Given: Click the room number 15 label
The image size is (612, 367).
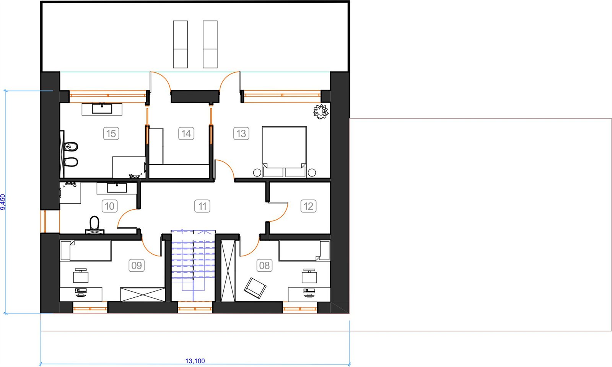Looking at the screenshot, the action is click(x=111, y=134).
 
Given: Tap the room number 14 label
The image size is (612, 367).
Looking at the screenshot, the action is click(x=186, y=134).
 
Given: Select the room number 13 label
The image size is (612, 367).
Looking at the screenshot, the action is click(x=241, y=134).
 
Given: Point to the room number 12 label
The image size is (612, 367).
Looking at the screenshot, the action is click(x=308, y=206).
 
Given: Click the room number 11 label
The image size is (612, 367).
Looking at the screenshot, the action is click(x=202, y=206).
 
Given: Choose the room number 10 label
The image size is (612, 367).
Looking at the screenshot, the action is click(x=109, y=206).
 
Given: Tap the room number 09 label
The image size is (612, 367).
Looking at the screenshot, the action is click(x=137, y=265).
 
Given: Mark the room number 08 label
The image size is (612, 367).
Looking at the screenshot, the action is click(x=264, y=265).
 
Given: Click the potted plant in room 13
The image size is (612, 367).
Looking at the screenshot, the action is click(x=321, y=111).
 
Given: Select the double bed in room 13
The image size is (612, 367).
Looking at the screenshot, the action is click(x=284, y=152).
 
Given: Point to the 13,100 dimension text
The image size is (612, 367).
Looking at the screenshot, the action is click(x=195, y=361).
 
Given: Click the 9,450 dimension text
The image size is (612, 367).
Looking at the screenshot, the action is click(x=3, y=202).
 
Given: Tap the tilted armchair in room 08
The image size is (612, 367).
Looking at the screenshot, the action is click(x=255, y=288).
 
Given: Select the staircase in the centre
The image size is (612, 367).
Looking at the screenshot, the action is click(x=193, y=266).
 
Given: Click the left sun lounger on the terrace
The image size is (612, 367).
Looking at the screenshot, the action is click(x=180, y=44).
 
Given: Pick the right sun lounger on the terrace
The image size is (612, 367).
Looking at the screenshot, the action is click(x=210, y=44).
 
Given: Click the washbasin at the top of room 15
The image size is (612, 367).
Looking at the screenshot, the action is click(x=102, y=109).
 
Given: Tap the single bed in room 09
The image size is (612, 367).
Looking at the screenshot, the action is click(x=86, y=251).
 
